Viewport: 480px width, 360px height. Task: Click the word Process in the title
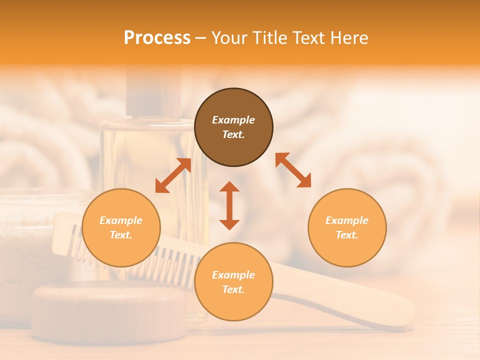157,38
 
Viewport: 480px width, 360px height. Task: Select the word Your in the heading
230,38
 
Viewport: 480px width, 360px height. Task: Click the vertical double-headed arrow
229,205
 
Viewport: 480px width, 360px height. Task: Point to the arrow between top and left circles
173,175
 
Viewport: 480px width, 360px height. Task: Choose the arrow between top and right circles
293,170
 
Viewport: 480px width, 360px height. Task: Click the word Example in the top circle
233,120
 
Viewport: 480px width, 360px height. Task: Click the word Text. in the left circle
121,235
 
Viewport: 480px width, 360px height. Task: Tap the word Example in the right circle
347,220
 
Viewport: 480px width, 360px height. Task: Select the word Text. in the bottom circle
233,289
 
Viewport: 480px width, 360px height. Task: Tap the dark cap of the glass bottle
153,92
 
